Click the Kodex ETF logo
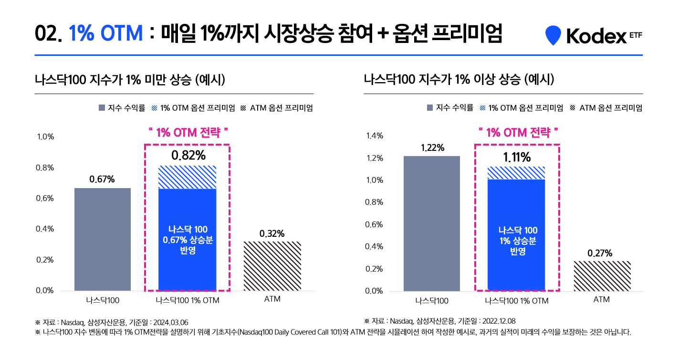594,35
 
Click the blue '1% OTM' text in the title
106,34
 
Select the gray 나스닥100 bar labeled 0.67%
103,239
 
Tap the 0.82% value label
188,155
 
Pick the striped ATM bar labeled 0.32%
272,265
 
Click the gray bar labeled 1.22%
432,223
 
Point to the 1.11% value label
517,157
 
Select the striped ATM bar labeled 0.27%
602,275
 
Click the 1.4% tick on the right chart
375,136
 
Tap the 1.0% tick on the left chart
45,137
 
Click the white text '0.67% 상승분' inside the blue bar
188,240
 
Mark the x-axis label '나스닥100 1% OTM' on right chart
517,301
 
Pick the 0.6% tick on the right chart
375,224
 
